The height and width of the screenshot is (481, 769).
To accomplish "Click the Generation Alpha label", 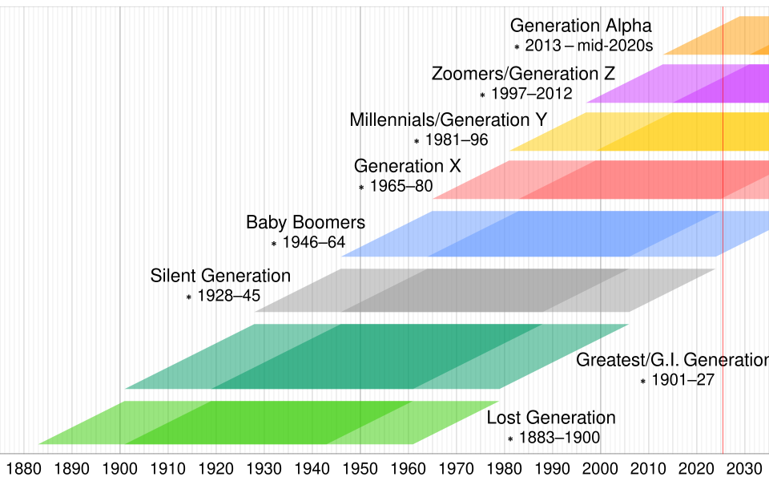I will click(x=581, y=26).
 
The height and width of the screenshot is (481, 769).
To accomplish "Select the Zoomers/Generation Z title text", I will click(x=523, y=74).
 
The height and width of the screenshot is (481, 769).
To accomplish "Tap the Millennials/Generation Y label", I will click(x=448, y=120).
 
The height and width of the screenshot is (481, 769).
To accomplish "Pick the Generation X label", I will click(x=408, y=167).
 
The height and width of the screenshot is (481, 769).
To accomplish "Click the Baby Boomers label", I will click(x=305, y=223).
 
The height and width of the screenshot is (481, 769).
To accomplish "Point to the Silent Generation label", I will click(x=220, y=277).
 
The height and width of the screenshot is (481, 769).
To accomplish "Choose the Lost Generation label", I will click(x=551, y=418).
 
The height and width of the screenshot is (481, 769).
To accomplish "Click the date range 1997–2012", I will click(x=532, y=94).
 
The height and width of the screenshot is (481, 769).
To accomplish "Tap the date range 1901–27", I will click(x=682, y=381).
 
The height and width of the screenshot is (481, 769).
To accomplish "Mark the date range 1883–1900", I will click(x=559, y=438).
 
